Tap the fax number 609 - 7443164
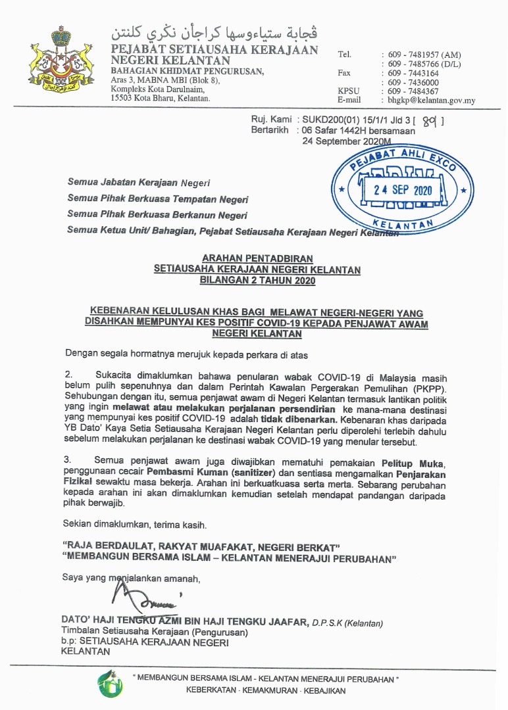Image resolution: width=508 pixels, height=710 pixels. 413,73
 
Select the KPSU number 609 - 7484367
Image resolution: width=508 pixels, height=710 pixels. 413,91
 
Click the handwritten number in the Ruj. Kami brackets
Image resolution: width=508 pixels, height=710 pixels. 429,121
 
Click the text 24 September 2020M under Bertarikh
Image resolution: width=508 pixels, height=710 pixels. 346,141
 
